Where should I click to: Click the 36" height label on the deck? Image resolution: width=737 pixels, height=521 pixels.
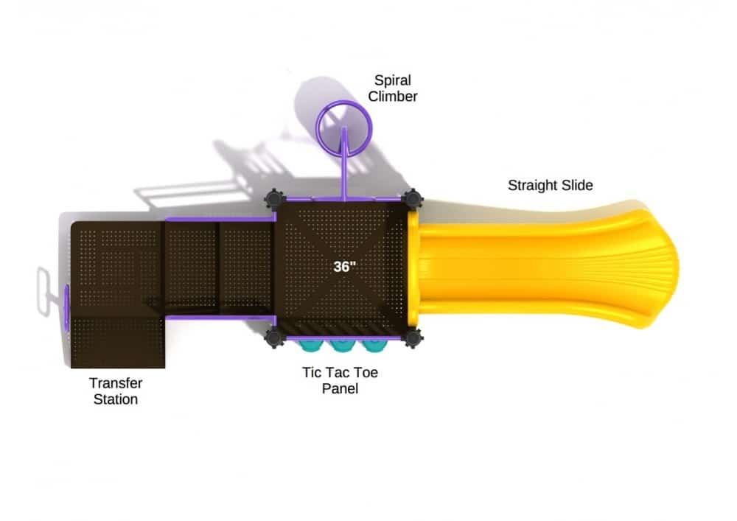(x=344, y=266)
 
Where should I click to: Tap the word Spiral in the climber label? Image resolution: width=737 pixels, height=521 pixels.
(x=393, y=80)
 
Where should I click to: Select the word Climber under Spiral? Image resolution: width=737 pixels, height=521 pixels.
(x=393, y=97)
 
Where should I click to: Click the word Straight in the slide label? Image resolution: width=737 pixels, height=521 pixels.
(x=534, y=185)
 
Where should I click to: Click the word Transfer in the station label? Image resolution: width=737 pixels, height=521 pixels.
(x=116, y=383)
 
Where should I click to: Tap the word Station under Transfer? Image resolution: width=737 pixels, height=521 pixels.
(x=116, y=399)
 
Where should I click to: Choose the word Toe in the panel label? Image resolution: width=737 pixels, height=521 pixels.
(x=366, y=373)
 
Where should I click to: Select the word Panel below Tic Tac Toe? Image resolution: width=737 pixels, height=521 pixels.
(x=340, y=388)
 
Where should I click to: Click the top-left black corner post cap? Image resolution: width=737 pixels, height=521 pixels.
(x=274, y=199)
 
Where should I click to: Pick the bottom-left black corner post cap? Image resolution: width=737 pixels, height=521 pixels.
(x=274, y=338)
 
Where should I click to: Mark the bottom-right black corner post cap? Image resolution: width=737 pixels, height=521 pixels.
(x=412, y=338)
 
